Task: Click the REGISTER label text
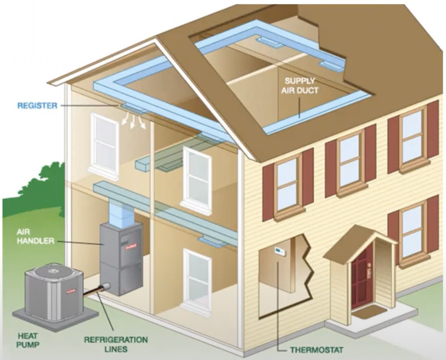37,105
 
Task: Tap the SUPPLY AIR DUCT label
300,85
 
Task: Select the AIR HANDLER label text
35,236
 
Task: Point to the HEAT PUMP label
27,340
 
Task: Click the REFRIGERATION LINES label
116,344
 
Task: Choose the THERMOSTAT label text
317,350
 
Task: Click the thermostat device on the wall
279,251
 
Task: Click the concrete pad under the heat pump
55,317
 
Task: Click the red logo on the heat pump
71,291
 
